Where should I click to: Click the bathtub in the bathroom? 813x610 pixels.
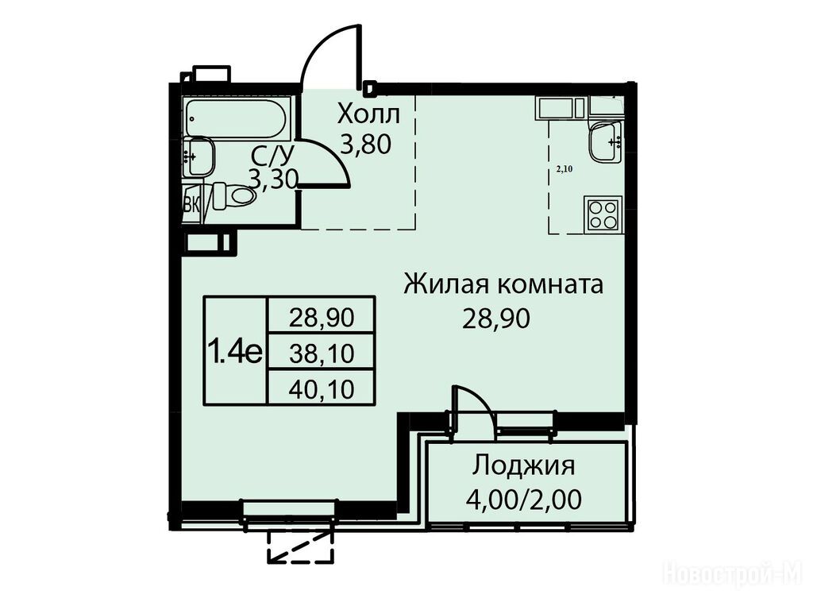[x=235, y=118]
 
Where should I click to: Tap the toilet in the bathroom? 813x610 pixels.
[x=234, y=195]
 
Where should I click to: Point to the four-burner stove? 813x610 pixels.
[x=603, y=214]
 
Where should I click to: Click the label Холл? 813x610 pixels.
[x=368, y=114]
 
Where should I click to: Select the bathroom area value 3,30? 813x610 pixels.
[x=273, y=180]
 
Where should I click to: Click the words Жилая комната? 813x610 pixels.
[x=503, y=285]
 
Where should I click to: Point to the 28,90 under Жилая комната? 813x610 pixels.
[x=496, y=319]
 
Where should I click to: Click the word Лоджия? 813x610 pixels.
[x=524, y=465]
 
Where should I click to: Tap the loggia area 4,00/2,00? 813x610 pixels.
[x=524, y=500]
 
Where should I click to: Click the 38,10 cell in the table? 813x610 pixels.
[x=322, y=353]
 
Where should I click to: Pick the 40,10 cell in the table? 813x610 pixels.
[x=322, y=388]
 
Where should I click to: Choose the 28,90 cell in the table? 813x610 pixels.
[x=322, y=316]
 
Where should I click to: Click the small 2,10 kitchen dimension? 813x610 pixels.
[x=564, y=168]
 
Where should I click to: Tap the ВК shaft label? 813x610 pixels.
[x=191, y=204]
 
